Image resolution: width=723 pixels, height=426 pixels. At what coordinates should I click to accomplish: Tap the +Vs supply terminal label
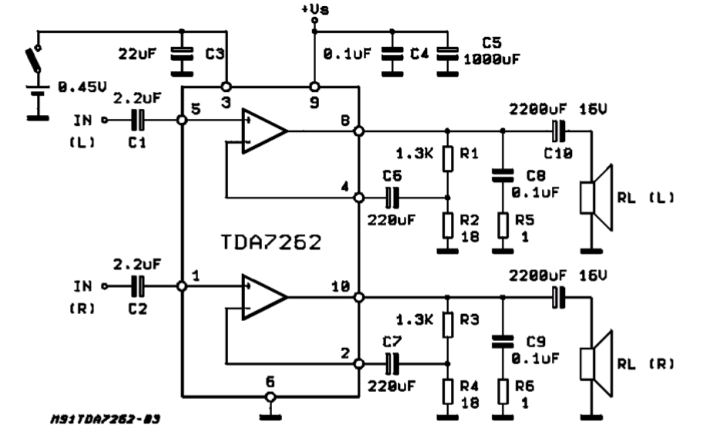(x=314, y=8)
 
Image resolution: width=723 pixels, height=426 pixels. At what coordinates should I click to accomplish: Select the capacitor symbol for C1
(x=138, y=120)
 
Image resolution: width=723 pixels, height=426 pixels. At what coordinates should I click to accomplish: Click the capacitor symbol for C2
(x=138, y=286)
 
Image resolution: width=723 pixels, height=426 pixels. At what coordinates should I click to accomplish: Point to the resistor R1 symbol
(x=446, y=160)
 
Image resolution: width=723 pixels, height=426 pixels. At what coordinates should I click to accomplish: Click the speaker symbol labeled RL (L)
(x=597, y=197)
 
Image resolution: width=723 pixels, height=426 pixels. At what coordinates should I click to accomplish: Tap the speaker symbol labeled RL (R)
(x=597, y=363)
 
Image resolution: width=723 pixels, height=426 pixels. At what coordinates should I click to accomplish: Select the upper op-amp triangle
(x=263, y=131)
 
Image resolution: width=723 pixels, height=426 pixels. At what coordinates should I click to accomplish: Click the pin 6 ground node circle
(x=269, y=397)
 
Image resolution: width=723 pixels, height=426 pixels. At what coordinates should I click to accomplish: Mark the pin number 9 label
(x=314, y=100)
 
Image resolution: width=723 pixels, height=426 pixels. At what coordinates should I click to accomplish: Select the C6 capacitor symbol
(x=393, y=198)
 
